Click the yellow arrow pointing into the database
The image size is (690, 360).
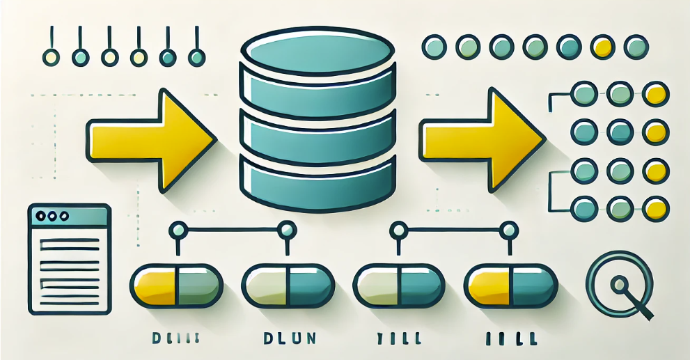[150, 139]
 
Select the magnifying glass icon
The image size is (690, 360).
[619, 284]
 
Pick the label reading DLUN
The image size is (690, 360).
[287, 339]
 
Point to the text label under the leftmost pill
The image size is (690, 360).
[176, 339]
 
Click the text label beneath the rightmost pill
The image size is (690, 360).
[510, 339]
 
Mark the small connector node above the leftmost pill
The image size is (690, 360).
[177, 228]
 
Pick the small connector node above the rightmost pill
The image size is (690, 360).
[510, 228]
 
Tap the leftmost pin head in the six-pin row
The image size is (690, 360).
[51, 57]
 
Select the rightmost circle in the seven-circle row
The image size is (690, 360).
[636, 47]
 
